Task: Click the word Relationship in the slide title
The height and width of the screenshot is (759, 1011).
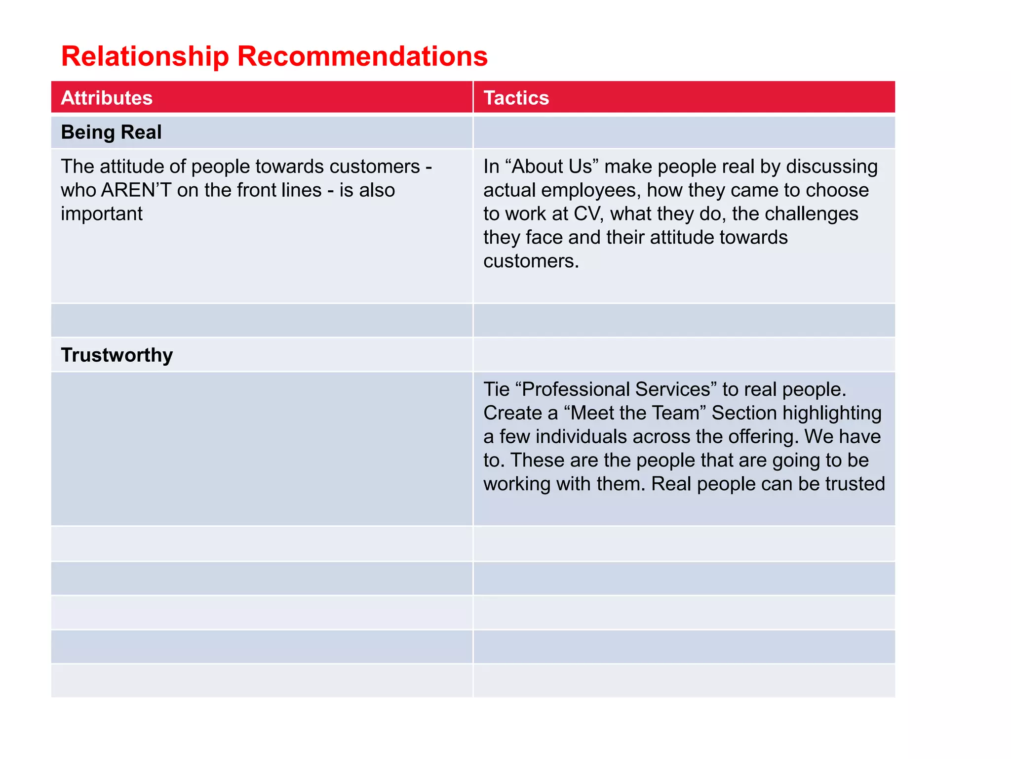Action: coord(145,56)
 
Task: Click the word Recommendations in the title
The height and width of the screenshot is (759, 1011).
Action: coord(362,56)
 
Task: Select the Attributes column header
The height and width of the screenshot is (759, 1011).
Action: coord(107,98)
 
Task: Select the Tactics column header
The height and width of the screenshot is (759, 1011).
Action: coord(516,98)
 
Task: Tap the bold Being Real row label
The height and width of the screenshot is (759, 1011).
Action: coord(111,132)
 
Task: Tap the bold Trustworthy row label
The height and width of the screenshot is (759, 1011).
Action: coord(117,355)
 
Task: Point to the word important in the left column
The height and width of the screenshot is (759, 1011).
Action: coord(102,214)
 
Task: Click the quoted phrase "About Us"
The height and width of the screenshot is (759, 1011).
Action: coord(552,167)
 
